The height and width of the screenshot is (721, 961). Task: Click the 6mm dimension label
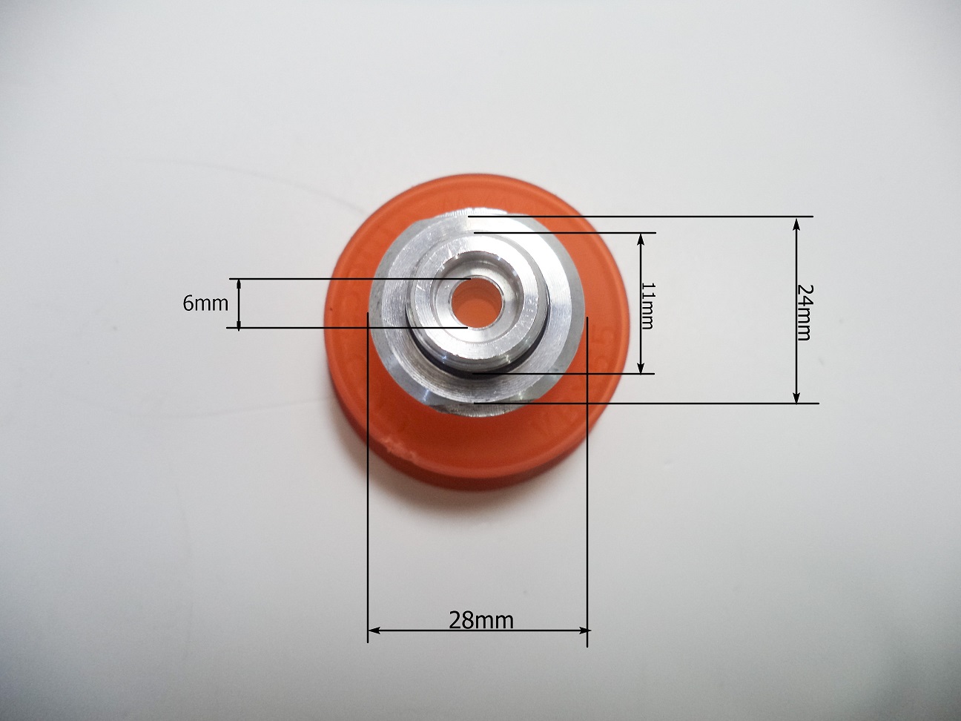(205, 303)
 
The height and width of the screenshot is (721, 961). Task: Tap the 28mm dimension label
(480, 620)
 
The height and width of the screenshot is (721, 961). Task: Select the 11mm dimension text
(647, 305)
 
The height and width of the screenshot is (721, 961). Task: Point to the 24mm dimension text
(803, 312)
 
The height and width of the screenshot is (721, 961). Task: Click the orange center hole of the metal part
(475, 301)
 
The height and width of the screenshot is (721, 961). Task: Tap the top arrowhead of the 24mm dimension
(796, 225)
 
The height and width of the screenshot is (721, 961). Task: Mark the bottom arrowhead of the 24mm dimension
(796, 395)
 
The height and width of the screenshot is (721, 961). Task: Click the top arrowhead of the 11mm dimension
(641, 240)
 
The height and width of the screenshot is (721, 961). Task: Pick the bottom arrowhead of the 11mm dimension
(641, 367)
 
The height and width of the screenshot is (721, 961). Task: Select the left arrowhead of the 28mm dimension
(374, 631)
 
